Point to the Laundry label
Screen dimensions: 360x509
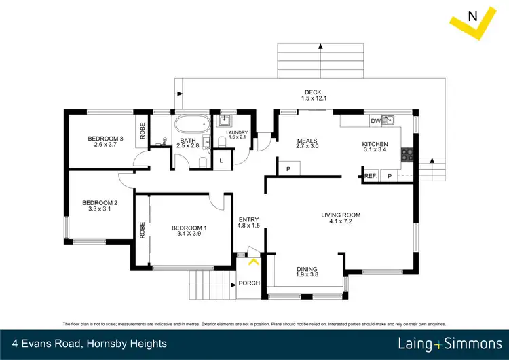click(x=238, y=133)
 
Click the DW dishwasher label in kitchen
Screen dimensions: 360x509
click(x=375, y=121)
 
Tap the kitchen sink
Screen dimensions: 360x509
click(x=389, y=121)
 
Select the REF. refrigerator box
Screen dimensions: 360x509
click(x=371, y=176)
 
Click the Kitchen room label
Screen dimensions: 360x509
click(x=375, y=144)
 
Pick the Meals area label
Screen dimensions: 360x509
click(x=307, y=142)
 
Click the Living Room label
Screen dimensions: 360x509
click(x=341, y=215)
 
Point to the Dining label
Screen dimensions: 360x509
click(x=307, y=269)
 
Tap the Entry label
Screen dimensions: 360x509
click(x=248, y=219)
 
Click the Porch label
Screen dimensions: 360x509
click(x=249, y=283)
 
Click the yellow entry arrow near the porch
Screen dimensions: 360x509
click(x=254, y=260)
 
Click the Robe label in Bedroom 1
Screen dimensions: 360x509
click(x=143, y=231)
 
